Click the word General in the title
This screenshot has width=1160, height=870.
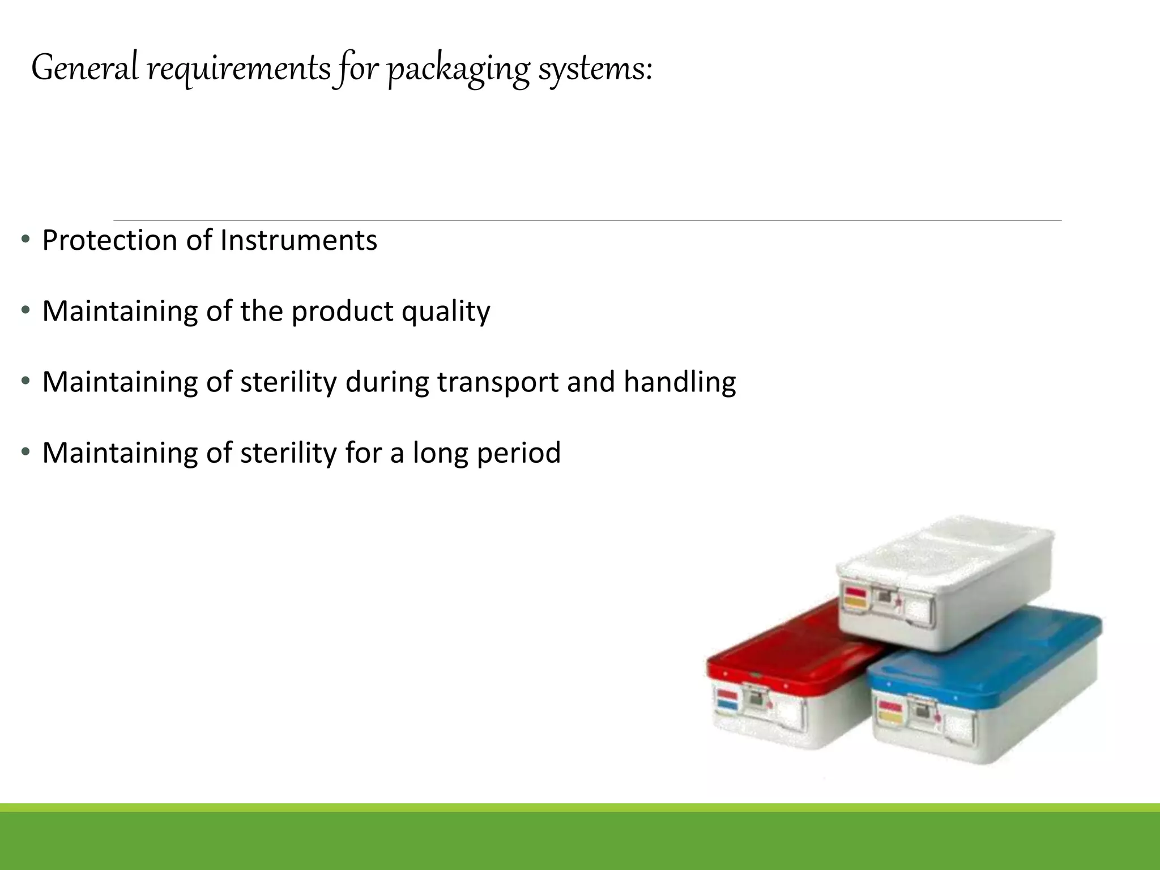click(85, 68)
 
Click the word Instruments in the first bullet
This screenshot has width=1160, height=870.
click(298, 240)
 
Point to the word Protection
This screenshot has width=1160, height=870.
click(110, 240)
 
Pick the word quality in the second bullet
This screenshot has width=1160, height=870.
click(446, 312)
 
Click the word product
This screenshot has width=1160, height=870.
click(342, 312)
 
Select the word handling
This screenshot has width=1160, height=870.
click(680, 382)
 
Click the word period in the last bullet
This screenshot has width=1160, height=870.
click(519, 453)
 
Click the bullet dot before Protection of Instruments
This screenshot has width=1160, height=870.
click(25, 239)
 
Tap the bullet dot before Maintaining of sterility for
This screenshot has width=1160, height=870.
click(25, 451)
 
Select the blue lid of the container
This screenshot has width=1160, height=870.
click(986, 657)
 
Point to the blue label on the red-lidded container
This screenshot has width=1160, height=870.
click(727, 705)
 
